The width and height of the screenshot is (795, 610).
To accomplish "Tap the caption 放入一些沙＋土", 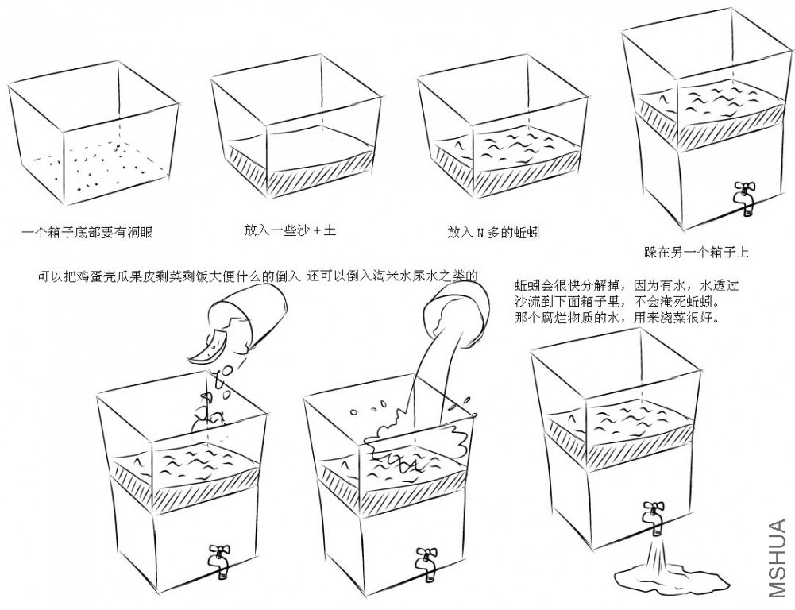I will pyautogui.click(x=290, y=230).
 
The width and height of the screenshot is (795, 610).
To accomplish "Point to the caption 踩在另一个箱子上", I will pyautogui.click(x=697, y=253).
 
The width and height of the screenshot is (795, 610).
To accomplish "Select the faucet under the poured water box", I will pyautogui.click(x=427, y=560).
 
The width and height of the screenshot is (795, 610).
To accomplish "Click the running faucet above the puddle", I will pyautogui.click(x=654, y=517).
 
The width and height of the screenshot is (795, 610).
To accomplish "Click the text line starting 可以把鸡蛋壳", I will pyautogui.click(x=258, y=276).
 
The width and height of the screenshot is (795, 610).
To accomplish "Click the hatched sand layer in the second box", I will pyautogui.click(x=294, y=164).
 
